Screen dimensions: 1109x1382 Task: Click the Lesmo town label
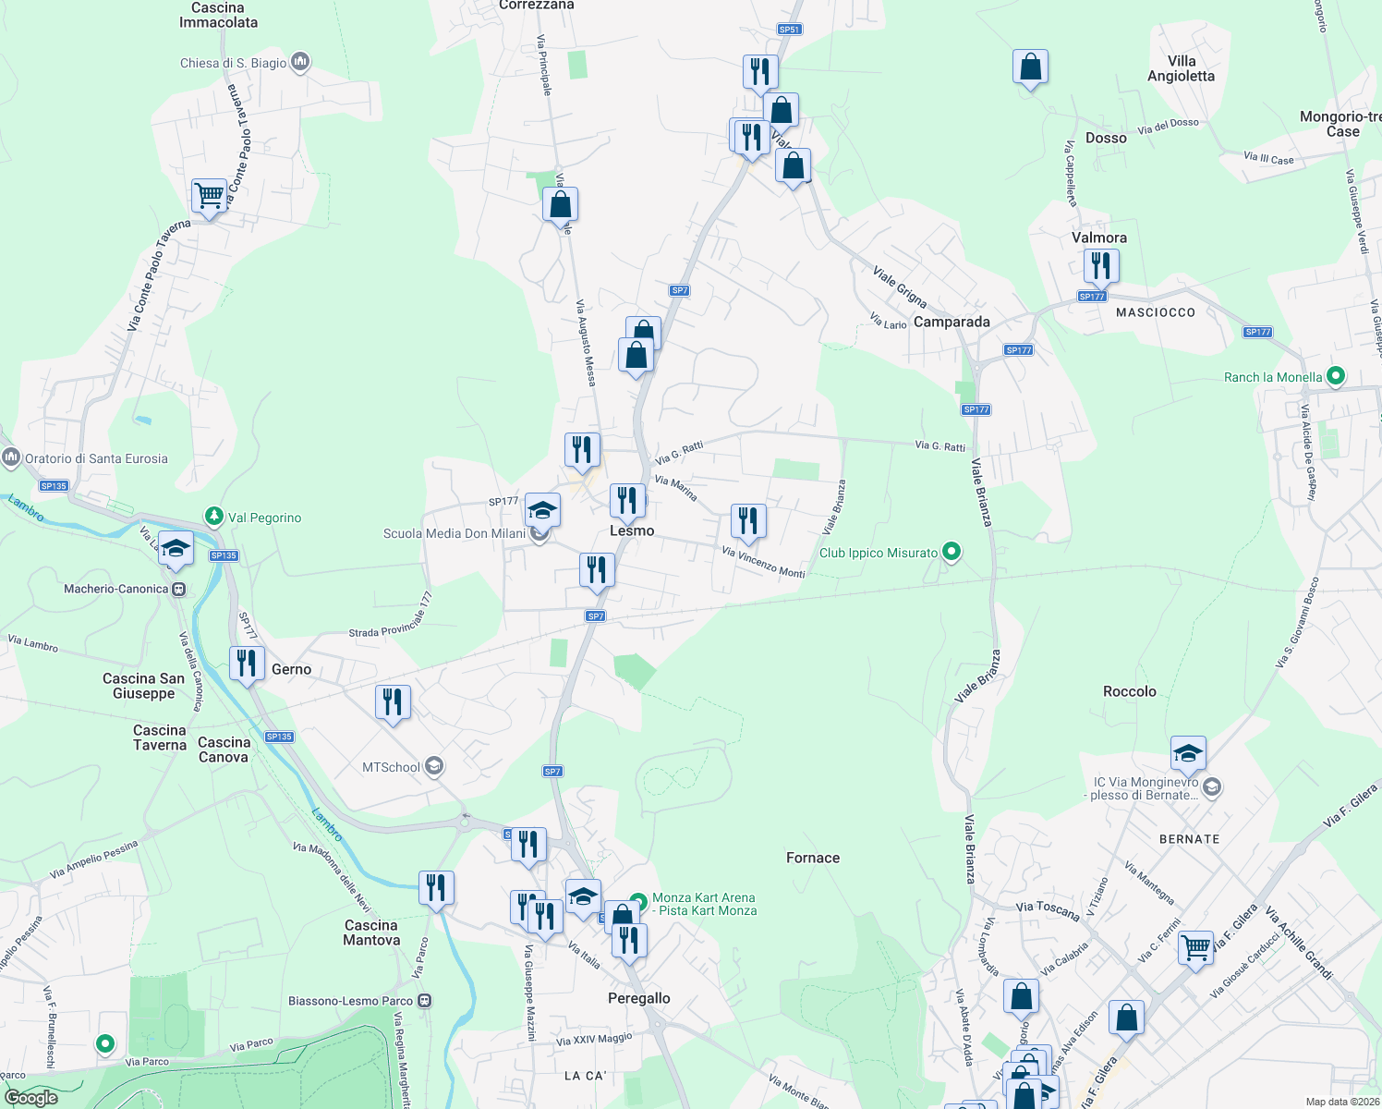click(x=632, y=530)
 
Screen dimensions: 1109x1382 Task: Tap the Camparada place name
click(x=952, y=322)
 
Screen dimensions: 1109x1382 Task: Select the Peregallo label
click(x=639, y=998)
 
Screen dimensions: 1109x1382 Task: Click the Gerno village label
click(x=291, y=669)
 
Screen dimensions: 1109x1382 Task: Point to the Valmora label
click(x=1099, y=238)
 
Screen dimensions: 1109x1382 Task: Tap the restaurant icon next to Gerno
click(x=247, y=664)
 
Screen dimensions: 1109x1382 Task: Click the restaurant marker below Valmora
click(x=1100, y=266)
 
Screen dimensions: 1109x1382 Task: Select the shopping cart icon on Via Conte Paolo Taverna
click(x=210, y=196)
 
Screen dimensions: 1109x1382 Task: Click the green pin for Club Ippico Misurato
click(x=952, y=553)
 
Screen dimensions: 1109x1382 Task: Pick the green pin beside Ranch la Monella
click(x=1335, y=376)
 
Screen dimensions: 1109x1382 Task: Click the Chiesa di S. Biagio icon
click(x=299, y=62)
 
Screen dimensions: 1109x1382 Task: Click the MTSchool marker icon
click(x=434, y=766)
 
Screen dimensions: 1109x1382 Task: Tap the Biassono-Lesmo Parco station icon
click(x=424, y=1000)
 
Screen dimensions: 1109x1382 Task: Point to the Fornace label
click(x=813, y=858)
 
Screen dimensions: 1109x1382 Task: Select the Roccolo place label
click(x=1129, y=691)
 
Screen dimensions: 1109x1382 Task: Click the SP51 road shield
click(x=789, y=30)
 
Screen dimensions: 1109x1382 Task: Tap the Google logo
click(x=31, y=1098)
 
